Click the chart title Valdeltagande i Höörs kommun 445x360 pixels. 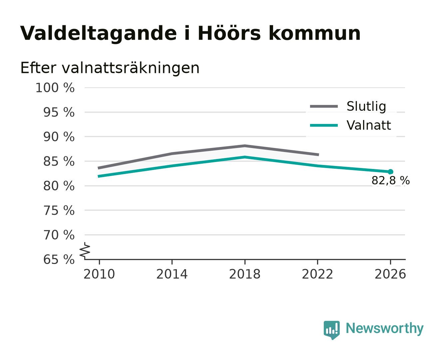pos(190,33)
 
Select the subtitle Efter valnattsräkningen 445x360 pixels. pos(110,68)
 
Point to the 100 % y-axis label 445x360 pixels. pos(55,88)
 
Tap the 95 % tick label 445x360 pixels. pos(59,112)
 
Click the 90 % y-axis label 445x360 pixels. pos(59,137)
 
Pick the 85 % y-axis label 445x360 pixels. pos(59,161)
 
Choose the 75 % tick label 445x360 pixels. pos(59,210)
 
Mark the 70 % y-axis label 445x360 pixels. pos(59,235)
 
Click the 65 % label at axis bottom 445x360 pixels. pos(59,259)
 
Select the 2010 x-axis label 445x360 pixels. pos(99,274)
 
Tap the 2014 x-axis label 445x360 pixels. pos(172,274)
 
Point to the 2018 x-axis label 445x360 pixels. pos(244,274)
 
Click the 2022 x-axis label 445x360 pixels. pos(317,274)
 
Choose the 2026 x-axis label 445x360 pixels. pos(390,274)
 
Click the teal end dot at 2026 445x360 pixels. pos(390,172)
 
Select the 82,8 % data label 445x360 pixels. pos(390,180)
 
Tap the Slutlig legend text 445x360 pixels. pos(366,106)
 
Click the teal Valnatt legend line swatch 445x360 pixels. pos(324,125)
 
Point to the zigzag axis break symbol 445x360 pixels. pos(85,251)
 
